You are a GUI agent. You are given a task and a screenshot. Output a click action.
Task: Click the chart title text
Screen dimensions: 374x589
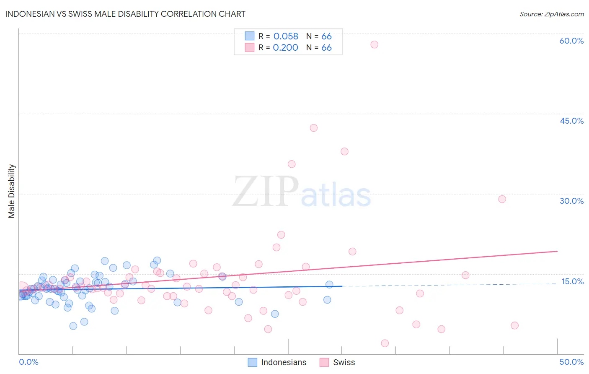[125, 14]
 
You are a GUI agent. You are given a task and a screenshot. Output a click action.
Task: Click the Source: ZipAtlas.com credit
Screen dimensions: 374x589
[551, 14]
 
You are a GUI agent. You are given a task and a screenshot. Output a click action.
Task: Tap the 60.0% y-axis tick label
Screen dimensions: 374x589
[571, 41]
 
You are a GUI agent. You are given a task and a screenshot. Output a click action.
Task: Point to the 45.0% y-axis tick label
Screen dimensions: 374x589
[571, 121]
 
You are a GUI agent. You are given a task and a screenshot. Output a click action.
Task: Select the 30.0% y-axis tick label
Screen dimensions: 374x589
[571, 201]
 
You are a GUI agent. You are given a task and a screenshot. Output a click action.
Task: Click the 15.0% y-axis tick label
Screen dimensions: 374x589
[572, 281]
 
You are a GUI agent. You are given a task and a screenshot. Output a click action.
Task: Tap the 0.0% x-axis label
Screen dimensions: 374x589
[28, 362]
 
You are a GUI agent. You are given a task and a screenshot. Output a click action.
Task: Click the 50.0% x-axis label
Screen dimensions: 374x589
[571, 362]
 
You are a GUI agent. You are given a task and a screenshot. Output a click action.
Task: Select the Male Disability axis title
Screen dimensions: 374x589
[12, 191]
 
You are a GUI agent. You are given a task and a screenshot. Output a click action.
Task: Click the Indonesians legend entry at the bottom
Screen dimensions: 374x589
[284, 362]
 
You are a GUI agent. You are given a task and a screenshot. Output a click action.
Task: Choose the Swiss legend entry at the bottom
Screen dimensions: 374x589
[344, 362]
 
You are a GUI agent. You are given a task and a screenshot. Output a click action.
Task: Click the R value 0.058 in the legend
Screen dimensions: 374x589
[286, 36]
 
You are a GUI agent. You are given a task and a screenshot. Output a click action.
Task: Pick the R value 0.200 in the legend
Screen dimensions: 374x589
[285, 48]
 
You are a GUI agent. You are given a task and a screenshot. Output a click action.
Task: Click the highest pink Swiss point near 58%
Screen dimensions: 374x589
[375, 44]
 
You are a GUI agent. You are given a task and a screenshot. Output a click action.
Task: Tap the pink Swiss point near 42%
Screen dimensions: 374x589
[314, 128]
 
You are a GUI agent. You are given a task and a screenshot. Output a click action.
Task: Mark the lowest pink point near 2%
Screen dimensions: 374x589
[385, 343]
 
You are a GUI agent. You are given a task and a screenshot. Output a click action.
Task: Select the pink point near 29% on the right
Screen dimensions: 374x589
[502, 199]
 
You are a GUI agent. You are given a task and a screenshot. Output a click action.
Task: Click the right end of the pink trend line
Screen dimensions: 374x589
[557, 251]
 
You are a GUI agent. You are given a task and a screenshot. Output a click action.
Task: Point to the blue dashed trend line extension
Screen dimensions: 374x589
[452, 285]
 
